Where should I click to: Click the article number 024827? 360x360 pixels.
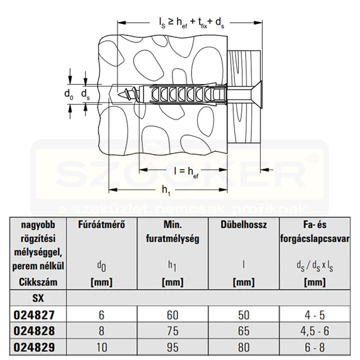[34, 315]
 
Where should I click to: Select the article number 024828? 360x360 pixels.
[34, 331]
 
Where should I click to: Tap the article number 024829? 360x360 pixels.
[34, 347]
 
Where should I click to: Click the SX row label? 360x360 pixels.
[38, 298]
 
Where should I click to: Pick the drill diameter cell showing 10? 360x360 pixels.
[102, 347]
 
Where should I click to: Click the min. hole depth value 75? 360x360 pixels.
[172, 331]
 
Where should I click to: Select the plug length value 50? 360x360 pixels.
[244, 315]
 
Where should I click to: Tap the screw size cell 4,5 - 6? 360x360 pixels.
[315, 331]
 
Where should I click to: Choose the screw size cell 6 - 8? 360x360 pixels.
[315, 347]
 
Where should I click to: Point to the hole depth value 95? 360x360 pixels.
[172, 347]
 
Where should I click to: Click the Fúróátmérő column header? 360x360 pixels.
[102, 225]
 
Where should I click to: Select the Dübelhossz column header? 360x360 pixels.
[244, 225]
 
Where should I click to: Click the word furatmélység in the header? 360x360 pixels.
[172, 239]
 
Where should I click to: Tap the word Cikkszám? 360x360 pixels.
[38, 282]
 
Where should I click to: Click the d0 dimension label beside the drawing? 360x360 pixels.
[69, 94]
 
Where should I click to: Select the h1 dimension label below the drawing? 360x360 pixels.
[166, 191]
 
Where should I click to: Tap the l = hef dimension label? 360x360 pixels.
[186, 172]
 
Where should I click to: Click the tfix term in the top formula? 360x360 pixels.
[202, 23]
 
